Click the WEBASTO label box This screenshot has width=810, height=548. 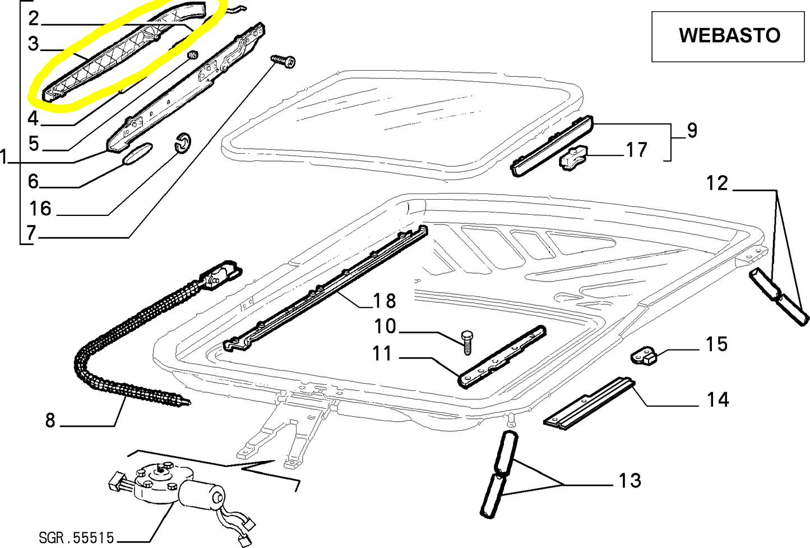[728, 36]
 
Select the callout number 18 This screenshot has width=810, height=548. [385, 301]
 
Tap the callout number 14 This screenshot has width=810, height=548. [717, 399]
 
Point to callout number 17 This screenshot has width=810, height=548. [636, 150]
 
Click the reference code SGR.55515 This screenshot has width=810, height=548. [76, 538]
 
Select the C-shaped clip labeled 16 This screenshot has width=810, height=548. [182, 144]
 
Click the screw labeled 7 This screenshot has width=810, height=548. [284, 61]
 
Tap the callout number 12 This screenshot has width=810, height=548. [717, 183]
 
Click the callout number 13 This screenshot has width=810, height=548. [630, 480]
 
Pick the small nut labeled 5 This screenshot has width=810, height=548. [193, 55]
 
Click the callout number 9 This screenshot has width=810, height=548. [692, 130]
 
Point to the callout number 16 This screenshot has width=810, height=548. [40, 209]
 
